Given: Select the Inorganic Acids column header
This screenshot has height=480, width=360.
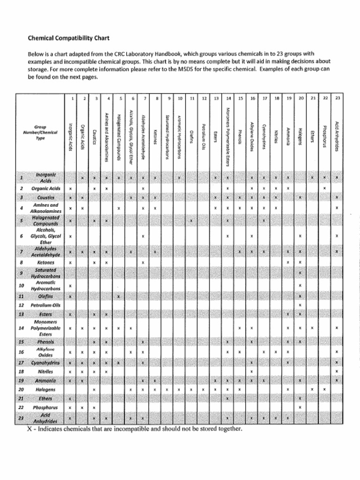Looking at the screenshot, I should pyautogui.click(x=70, y=135).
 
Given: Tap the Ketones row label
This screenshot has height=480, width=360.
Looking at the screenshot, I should pyautogui.click(x=45, y=263).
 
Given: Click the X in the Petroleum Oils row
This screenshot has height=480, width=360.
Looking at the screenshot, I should pyautogui.click(x=300, y=305).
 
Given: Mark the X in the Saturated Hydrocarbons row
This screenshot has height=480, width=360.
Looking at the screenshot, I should pyautogui.click(x=300, y=273).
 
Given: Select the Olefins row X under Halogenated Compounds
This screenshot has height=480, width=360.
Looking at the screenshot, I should pyautogui.click(x=119, y=296).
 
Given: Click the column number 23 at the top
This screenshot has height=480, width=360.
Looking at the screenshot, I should pyautogui.click(x=337, y=98).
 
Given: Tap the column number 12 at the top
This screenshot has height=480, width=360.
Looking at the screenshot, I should pyautogui.click(x=204, y=98).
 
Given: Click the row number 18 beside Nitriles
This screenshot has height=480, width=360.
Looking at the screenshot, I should pyautogui.click(x=21, y=371).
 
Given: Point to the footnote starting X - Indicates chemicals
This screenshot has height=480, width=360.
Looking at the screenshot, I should pyautogui.click(x=134, y=428).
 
